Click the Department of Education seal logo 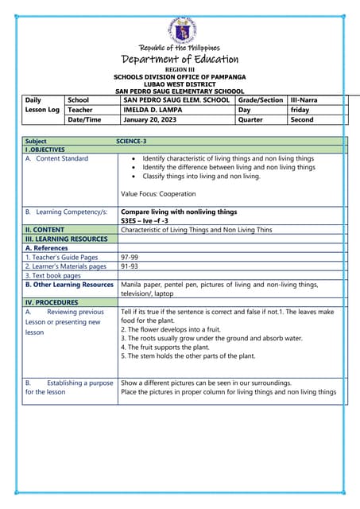pyautogui.click(x=180, y=30)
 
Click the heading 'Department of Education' pyautogui.click(x=180, y=60)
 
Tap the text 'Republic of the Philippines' pyautogui.click(x=180, y=48)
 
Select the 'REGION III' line pyautogui.click(x=180, y=70)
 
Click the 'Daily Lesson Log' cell pyautogui.click(x=42, y=105)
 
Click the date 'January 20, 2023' pyautogui.click(x=151, y=120)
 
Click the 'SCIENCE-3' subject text pyautogui.click(x=131, y=141)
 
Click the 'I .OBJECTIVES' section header pyautogui.click(x=45, y=150)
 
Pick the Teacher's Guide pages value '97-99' pyautogui.click(x=130, y=258)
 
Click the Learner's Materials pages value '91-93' pyautogui.click(x=130, y=266)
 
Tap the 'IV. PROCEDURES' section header pyautogui.click(x=52, y=303)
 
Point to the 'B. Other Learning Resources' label pyautogui.click(x=69, y=284)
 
